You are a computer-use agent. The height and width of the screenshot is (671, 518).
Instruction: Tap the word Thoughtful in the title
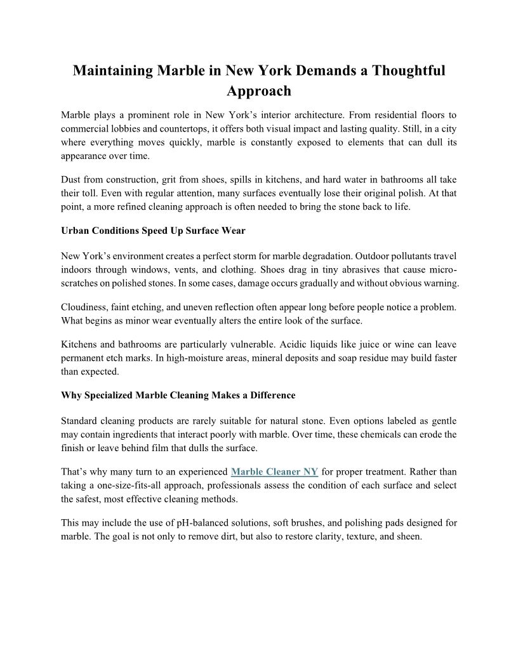(409, 71)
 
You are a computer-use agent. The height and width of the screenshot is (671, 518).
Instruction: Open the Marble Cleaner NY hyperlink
(274, 472)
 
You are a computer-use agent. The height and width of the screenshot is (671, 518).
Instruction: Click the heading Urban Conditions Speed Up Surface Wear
(153, 230)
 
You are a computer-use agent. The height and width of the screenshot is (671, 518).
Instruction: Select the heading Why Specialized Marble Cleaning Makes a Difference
(178, 395)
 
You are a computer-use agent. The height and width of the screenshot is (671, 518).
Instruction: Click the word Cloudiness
(86, 306)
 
